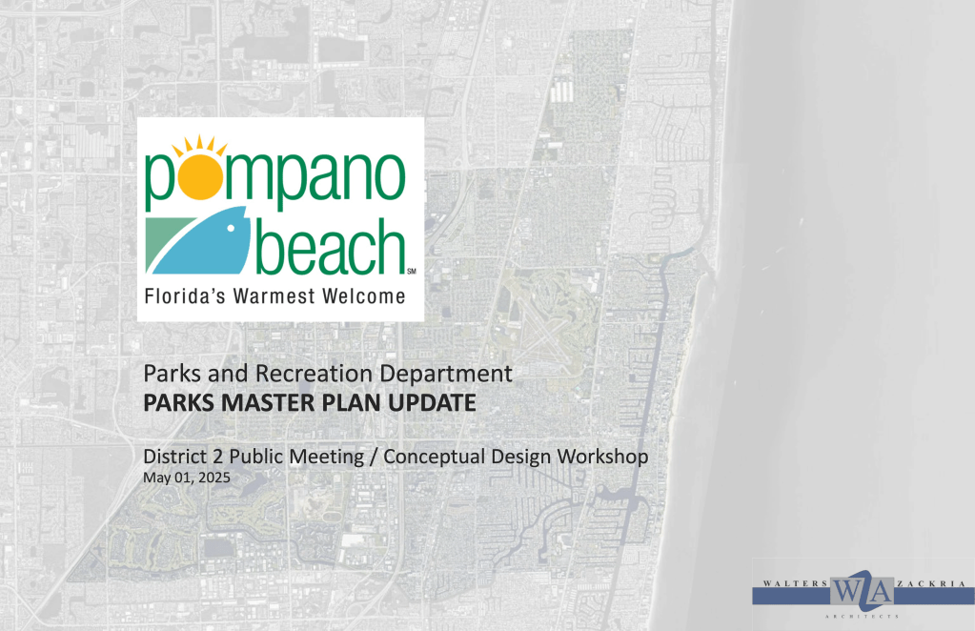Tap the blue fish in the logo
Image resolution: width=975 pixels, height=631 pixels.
coord(204,242)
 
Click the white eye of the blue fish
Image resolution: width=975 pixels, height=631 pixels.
coord(231,228)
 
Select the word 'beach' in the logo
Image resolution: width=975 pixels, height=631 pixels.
coord(330,246)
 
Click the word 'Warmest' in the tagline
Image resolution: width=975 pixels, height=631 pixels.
coord(274,295)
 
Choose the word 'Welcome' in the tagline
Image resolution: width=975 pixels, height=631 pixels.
coord(364,295)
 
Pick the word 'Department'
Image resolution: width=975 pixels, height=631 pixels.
coord(446,375)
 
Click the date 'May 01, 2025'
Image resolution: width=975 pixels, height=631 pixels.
coord(187,478)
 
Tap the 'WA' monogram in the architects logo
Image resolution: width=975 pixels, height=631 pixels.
coord(862,590)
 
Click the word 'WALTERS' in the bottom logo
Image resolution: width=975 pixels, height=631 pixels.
coord(795,583)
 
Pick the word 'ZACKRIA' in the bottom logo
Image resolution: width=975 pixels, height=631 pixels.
coord(931,583)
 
